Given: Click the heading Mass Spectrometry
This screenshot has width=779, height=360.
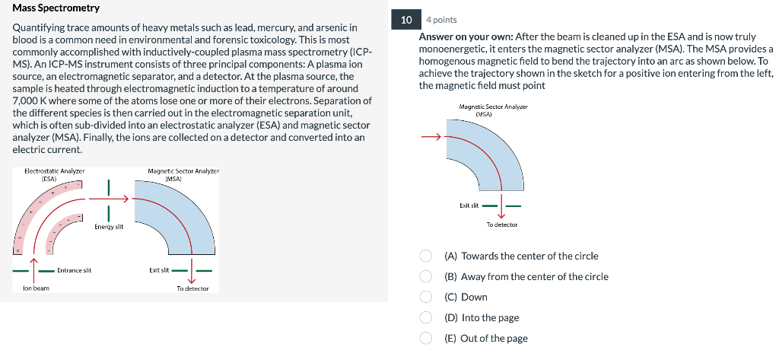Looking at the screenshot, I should pyautogui.click(x=56, y=8).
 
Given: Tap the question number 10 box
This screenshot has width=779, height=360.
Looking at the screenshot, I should pyautogui.click(x=406, y=19).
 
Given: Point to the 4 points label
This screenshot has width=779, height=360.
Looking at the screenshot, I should pyautogui.click(x=441, y=20).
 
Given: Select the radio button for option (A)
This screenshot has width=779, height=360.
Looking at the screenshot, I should pyautogui.click(x=428, y=256).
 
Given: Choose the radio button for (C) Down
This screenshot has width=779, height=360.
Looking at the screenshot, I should pyautogui.click(x=428, y=297).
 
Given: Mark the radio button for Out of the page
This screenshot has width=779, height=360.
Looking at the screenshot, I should pyautogui.click(x=428, y=338).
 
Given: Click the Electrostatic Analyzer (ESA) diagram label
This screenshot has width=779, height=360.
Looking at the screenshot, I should pyautogui.click(x=54, y=174).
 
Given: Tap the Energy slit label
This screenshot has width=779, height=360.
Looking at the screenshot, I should pyautogui.click(x=110, y=227).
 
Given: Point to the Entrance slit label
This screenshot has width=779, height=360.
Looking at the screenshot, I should pyautogui.click(x=74, y=270).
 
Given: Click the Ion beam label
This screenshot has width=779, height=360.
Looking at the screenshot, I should pyautogui.click(x=36, y=288).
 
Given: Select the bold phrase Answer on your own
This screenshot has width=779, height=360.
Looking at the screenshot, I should pyautogui.click(x=464, y=36).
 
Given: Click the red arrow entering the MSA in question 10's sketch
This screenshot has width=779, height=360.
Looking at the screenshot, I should pyautogui.click(x=432, y=138).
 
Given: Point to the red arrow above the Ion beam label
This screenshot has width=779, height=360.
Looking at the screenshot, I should pyautogui.click(x=34, y=263).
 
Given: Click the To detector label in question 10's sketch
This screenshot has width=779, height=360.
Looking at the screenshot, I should pyautogui.click(x=501, y=225).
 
